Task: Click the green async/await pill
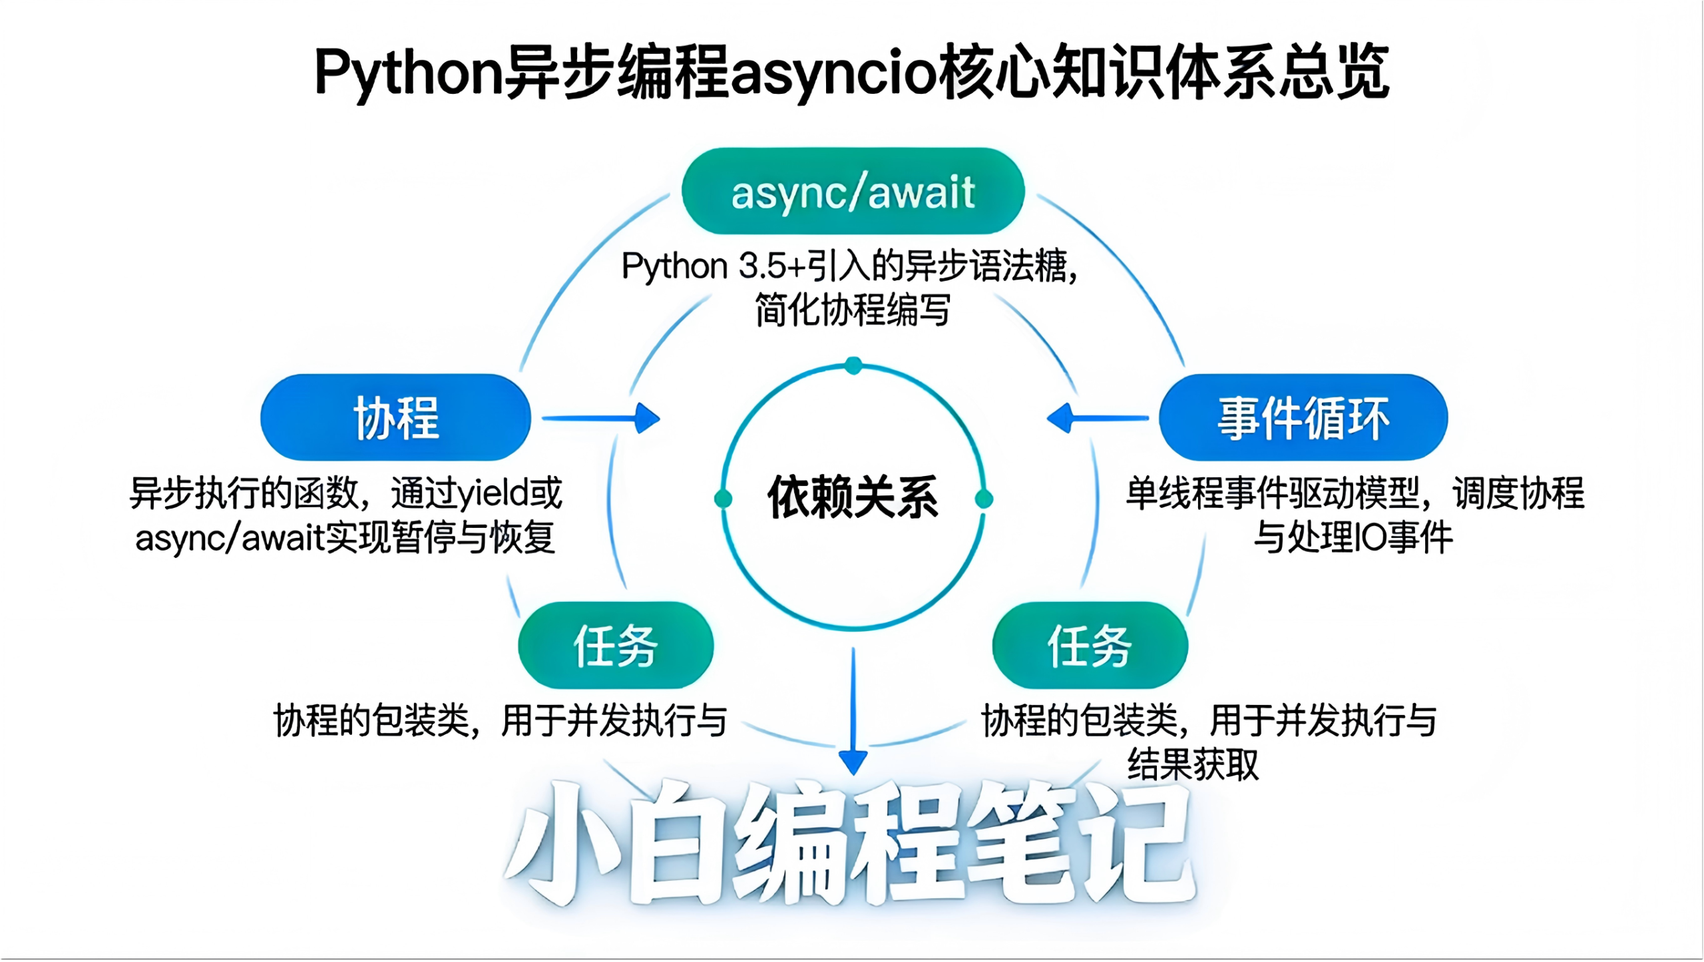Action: coord(853,192)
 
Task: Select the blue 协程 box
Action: coord(395,417)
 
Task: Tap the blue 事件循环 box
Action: coord(1303,417)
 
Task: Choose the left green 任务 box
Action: coord(616,645)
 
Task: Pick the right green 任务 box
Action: coord(1090,645)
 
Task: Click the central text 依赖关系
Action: coord(853,497)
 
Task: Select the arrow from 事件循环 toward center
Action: coord(1098,418)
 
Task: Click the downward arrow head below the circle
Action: coord(853,761)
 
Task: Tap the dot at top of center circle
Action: coord(853,365)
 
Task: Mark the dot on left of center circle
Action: coord(723,499)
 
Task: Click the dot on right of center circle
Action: coord(984,499)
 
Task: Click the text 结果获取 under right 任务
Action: coord(1193,764)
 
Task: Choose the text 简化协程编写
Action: coord(853,310)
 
